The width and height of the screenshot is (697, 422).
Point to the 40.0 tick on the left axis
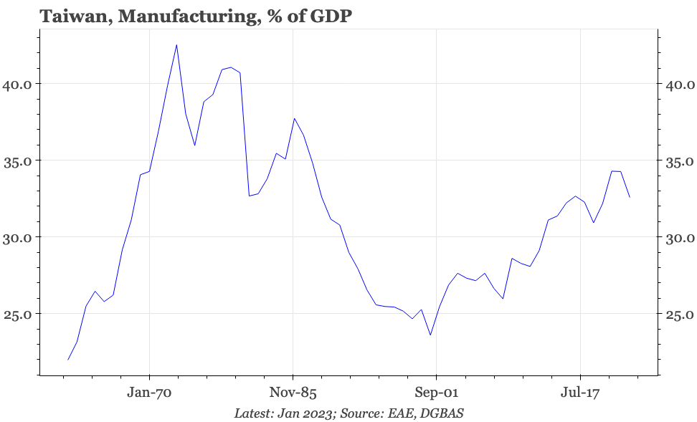coord(17,84)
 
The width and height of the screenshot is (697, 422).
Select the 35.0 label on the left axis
coord(17,160)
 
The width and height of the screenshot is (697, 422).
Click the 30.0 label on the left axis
coord(17,237)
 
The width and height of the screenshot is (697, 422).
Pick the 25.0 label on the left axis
coord(17,314)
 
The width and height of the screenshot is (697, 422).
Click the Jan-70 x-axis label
coord(149,393)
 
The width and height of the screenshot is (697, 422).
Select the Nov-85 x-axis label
coord(293,393)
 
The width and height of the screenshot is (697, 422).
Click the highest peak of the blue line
coord(176,44)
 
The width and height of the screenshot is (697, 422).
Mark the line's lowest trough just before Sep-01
coord(430,335)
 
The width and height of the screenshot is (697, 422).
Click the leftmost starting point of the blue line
coord(68,360)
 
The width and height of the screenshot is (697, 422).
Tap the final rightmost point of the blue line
coord(630,197)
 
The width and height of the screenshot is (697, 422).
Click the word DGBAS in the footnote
coord(446,413)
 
